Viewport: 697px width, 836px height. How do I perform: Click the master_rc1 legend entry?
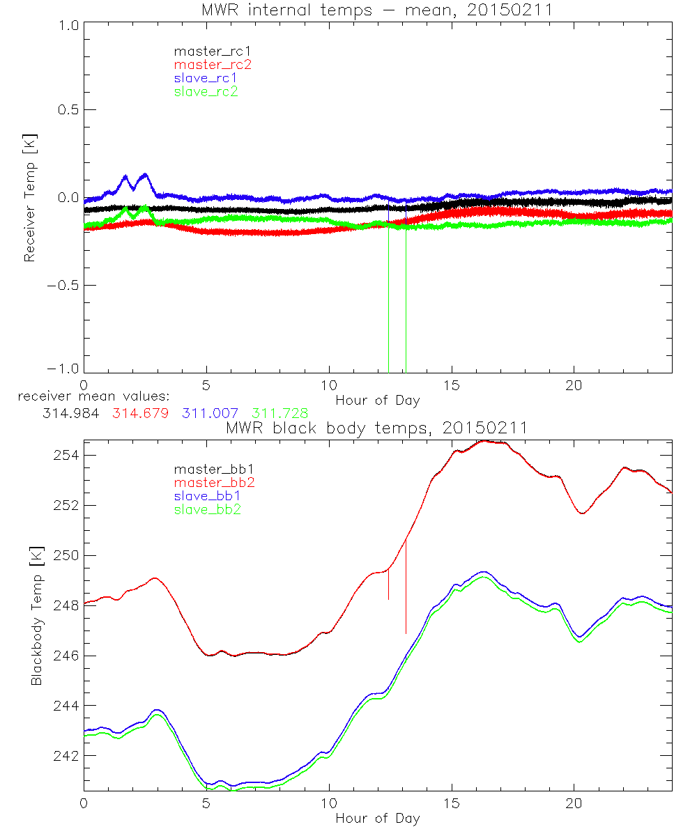[x=206, y=51]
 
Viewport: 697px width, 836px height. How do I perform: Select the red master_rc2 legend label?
[x=213, y=64]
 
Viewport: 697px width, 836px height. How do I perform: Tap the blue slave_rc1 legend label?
[x=206, y=78]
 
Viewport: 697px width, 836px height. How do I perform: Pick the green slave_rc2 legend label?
[x=206, y=91]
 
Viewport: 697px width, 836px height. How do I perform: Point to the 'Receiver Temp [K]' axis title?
[x=29, y=198]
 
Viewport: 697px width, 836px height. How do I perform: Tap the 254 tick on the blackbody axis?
[x=64, y=455]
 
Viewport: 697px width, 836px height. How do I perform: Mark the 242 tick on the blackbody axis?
[x=64, y=756]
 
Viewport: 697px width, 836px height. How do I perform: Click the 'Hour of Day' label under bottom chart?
[x=377, y=818]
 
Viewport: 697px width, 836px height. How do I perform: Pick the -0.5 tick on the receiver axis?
[x=64, y=286]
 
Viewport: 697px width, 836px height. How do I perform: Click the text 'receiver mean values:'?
[x=89, y=398]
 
